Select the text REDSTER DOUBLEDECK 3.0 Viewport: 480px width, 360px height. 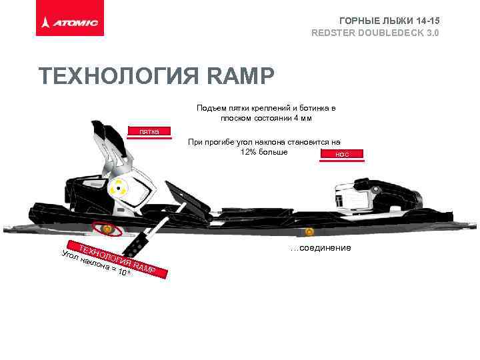point(375,33)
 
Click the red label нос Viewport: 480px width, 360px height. point(342,155)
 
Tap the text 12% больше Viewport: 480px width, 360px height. point(263,151)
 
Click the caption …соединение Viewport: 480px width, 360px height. point(321,248)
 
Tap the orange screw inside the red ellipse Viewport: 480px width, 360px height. point(107,229)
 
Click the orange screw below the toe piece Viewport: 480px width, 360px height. point(309,232)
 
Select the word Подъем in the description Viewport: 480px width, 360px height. point(209,108)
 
